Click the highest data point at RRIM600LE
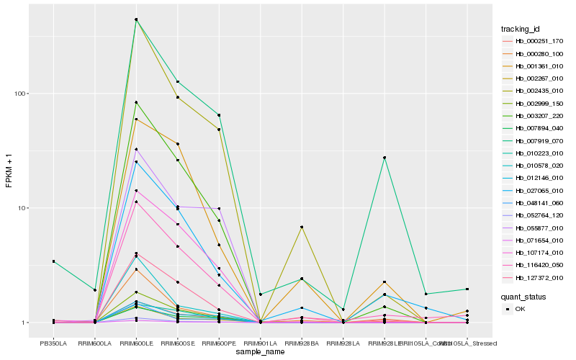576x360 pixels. pos(136,19)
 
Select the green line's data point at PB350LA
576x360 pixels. pos(53,261)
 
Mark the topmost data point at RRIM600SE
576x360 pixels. pos(177,82)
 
